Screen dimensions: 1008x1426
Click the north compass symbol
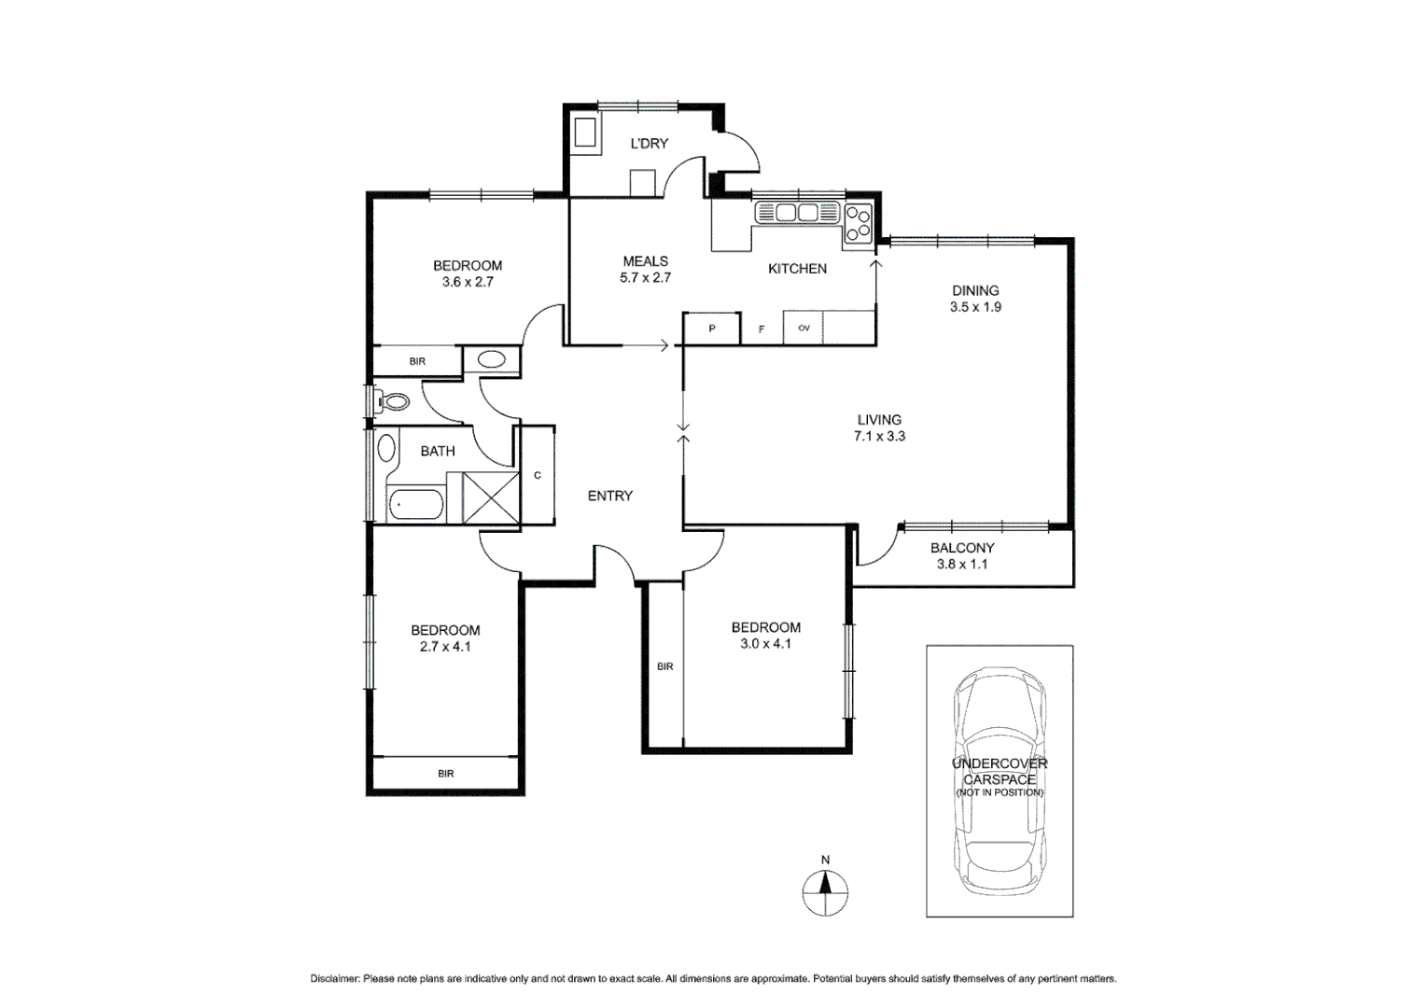coord(825,892)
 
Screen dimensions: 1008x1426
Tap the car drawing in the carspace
coord(999,779)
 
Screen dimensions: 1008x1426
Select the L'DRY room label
coord(649,144)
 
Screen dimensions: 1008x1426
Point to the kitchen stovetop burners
coord(859,223)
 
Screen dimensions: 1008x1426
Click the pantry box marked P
coord(712,329)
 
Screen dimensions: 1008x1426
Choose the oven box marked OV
coord(804,329)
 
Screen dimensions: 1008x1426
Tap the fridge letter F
coord(762,329)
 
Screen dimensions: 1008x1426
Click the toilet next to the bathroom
coord(394,402)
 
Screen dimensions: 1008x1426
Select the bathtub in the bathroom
coord(415,505)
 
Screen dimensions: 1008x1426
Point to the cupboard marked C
coord(538,475)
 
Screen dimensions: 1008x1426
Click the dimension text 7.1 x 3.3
coord(879,436)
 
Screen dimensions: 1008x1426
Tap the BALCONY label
coord(962,548)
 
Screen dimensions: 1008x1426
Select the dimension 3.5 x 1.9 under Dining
coord(975,307)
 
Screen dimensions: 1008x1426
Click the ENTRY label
coord(610,496)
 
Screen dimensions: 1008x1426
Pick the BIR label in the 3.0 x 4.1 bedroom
coord(664,666)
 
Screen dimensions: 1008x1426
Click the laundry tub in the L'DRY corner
coord(586,133)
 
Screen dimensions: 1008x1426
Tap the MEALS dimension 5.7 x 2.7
coord(645,277)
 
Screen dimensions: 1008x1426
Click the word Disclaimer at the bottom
coord(334,979)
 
